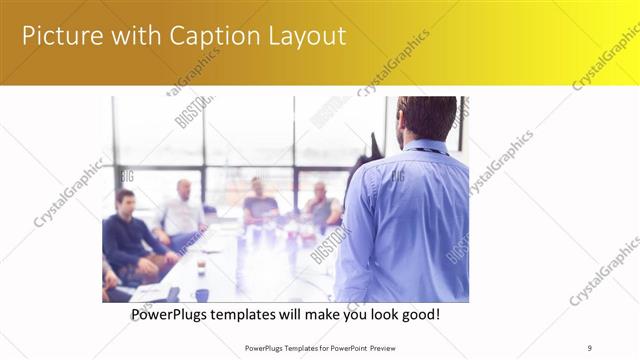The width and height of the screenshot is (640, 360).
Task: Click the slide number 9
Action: [x=590, y=347]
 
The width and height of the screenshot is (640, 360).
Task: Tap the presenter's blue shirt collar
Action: [x=420, y=147]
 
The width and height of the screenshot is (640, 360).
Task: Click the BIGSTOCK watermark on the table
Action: [x=330, y=245]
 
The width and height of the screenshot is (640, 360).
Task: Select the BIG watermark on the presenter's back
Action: [x=397, y=176]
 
